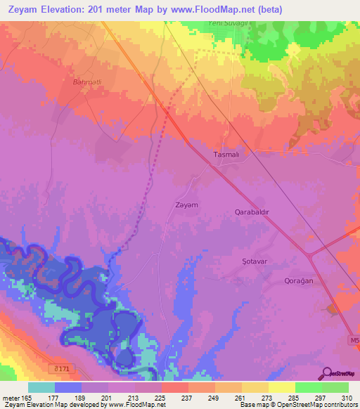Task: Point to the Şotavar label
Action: pos(252,260)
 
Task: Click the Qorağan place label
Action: pos(297,280)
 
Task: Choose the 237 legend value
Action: pos(186,397)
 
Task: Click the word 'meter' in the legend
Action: pos(11,397)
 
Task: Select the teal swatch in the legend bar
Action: pos(41,387)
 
